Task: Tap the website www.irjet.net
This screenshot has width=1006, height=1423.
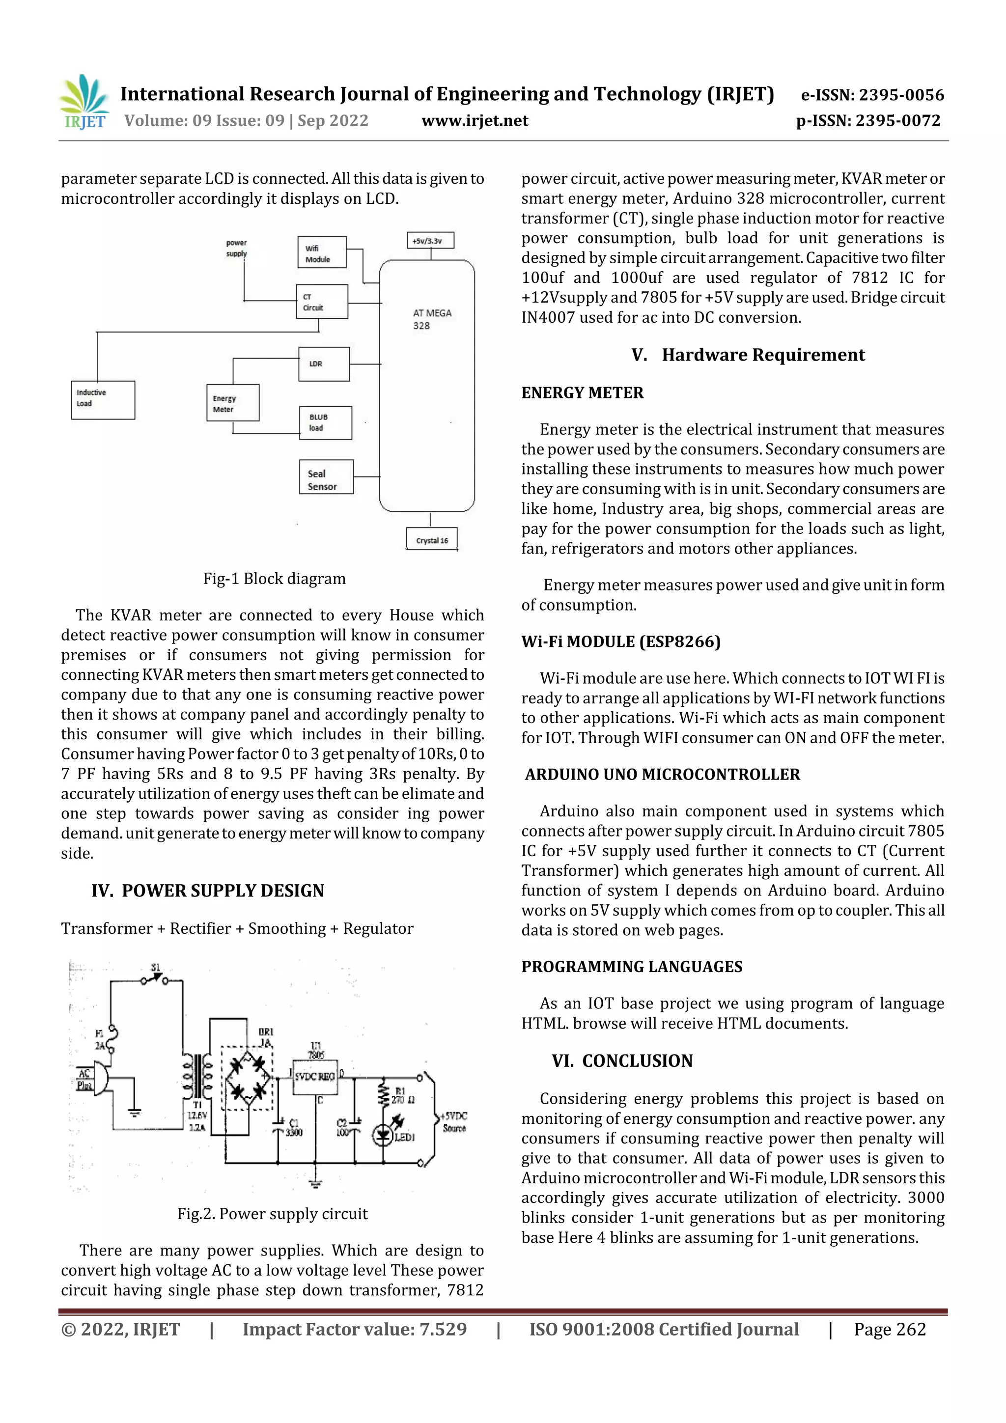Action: [475, 121]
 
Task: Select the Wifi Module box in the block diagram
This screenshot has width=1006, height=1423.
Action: [321, 252]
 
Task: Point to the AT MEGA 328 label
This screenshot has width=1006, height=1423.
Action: [432, 319]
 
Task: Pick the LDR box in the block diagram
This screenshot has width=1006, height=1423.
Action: [324, 364]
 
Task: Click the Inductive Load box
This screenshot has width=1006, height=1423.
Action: [103, 400]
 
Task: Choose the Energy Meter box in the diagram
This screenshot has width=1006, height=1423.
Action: [232, 403]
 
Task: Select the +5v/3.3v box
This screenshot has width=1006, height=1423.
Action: [430, 241]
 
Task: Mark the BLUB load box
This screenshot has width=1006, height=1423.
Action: [325, 423]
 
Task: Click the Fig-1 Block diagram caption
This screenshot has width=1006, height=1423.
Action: [274, 579]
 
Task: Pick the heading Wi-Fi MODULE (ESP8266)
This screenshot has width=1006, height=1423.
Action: [620, 642]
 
